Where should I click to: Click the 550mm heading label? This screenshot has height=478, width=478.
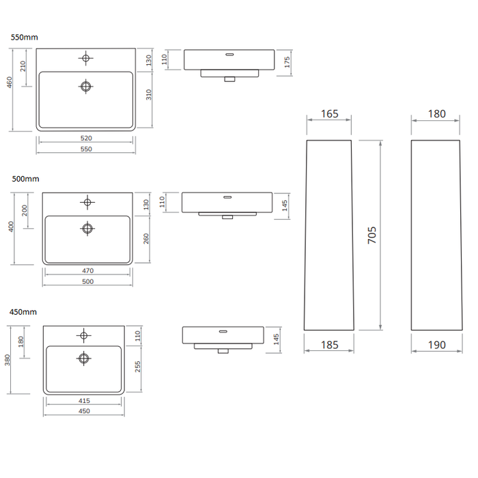(x=25, y=38)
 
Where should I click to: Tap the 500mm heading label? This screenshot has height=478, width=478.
(x=26, y=179)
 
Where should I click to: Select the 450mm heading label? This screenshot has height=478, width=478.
(x=23, y=312)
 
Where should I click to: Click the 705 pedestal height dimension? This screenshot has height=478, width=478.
(x=372, y=235)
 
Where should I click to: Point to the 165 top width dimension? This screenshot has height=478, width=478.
(x=330, y=114)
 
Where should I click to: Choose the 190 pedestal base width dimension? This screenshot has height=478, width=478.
(x=437, y=345)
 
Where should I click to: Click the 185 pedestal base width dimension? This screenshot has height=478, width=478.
(x=330, y=345)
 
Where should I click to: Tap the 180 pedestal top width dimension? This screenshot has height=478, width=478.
(x=437, y=114)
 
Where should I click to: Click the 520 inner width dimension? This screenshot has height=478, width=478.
(x=86, y=138)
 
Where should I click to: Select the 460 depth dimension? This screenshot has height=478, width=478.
(x=10, y=83)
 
